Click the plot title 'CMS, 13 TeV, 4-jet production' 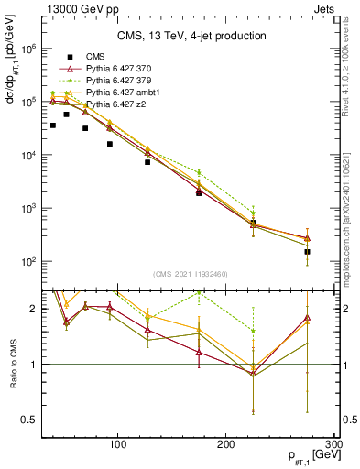click(191, 36)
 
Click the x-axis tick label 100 click(117, 445)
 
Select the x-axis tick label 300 click(333, 445)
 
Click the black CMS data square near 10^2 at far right click(308, 252)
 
